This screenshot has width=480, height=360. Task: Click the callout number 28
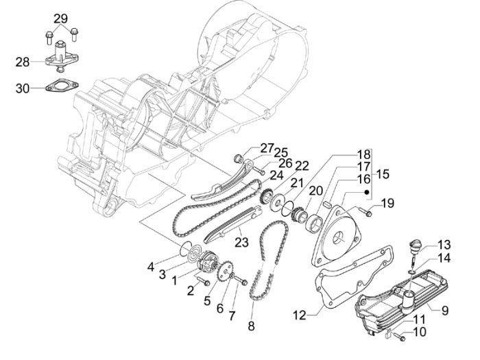[21, 62]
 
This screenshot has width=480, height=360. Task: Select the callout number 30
[21, 88]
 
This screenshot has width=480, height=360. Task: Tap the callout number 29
[61, 19]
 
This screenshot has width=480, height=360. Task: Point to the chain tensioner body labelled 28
[62, 60]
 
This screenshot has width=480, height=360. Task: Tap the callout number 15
[382, 175]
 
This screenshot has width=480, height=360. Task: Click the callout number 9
[444, 311]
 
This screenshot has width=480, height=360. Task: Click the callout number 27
[248, 149]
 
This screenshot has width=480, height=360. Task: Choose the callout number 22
[282, 165]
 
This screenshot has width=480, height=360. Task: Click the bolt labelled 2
[202, 280]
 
